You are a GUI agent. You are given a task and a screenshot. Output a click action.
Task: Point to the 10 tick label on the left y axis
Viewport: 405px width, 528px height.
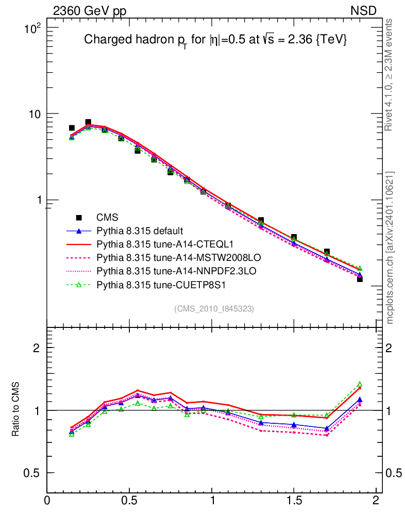tap(35, 114)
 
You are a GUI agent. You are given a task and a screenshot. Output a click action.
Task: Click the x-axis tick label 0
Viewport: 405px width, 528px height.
tap(47, 501)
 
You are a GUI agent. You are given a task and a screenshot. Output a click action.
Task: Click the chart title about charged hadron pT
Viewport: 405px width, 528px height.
tap(214, 40)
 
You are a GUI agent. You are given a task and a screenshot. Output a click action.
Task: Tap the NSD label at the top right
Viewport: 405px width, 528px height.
tap(363, 10)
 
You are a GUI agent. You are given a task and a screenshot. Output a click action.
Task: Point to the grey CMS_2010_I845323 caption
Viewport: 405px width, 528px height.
tap(214, 308)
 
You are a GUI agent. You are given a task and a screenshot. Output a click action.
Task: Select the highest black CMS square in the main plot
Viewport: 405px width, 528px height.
tap(88, 122)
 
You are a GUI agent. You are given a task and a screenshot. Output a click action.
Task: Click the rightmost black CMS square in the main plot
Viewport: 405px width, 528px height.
tap(360, 279)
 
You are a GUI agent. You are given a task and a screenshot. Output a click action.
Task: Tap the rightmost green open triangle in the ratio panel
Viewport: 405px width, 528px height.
tap(360, 384)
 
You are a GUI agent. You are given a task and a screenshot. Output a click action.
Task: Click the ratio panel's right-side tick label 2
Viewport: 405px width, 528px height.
tap(394, 348)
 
